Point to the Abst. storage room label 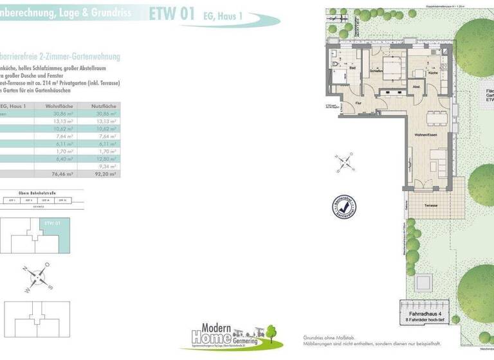[416, 87]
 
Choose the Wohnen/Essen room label [426, 134]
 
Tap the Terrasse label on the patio [431, 205]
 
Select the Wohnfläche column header [61, 105]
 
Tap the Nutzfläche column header [103, 105]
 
